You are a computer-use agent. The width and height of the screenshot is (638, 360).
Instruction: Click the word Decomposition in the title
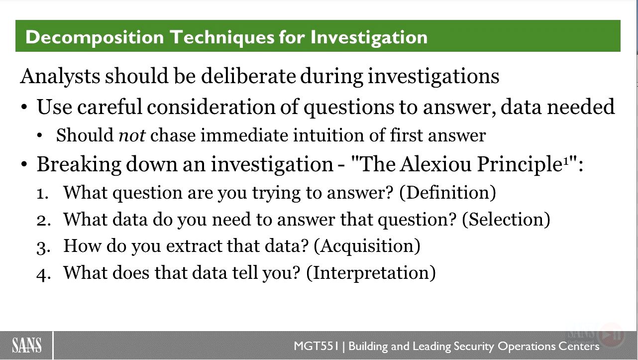point(95,38)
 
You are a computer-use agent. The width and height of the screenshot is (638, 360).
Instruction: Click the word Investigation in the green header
point(369,38)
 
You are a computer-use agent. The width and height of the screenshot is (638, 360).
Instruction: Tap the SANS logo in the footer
point(27,345)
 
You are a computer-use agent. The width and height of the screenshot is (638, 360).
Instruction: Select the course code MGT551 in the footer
point(316,346)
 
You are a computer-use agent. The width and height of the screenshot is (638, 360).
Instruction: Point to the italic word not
point(132,135)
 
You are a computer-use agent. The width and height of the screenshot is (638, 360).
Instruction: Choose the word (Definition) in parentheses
point(448,193)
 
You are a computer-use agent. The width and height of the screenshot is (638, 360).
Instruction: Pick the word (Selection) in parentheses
point(506,220)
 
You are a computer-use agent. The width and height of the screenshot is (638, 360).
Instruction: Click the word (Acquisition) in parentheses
point(367,246)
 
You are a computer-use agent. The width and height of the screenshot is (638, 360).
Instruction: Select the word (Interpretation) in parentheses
point(371,273)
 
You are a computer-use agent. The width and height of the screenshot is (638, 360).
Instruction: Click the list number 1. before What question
point(42,194)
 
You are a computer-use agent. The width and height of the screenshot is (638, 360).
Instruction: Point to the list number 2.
point(44,221)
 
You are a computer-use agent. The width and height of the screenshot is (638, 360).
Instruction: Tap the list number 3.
point(44,247)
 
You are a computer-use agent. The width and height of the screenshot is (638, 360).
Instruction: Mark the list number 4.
point(44,274)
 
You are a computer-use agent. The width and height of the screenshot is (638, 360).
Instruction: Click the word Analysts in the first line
point(60,76)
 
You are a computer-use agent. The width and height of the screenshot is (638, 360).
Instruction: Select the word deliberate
point(248,76)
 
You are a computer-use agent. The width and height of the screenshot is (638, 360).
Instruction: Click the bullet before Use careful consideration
point(24,108)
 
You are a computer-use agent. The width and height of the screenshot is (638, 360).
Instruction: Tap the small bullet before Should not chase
point(40,135)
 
